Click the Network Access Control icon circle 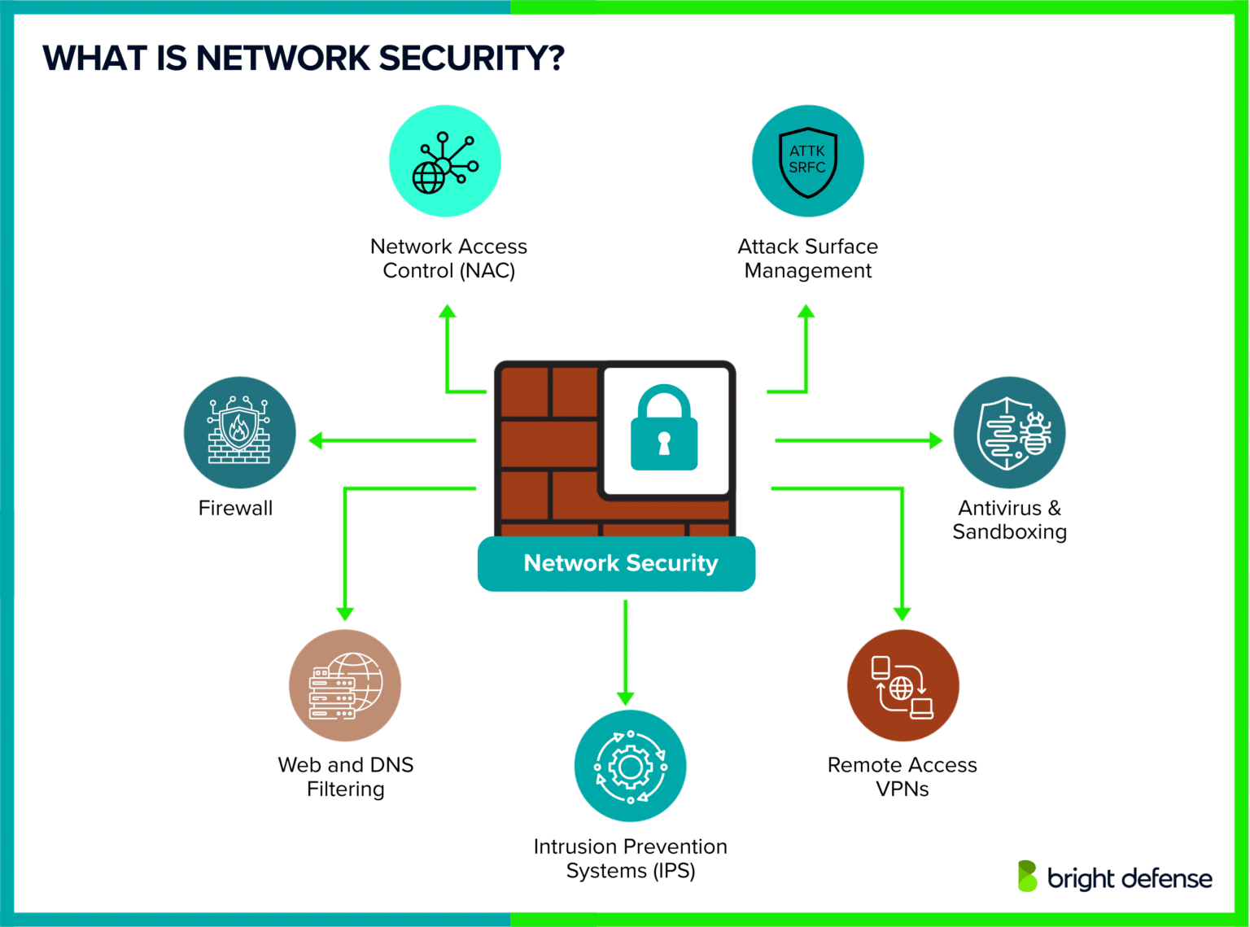pyautogui.click(x=444, y=161)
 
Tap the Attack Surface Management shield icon pyautogui.click(x=807, y=161)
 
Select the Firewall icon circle pyautogui.click(x=239, y=432)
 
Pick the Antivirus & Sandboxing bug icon pyautogui.click(x=1009, y=432)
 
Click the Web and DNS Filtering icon pyautogui.click(x=345, y=685)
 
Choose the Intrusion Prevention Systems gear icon pyautogui.click(x=630, y=766)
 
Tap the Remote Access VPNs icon pyautogui.click(x=903, y=685)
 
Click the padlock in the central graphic pyautogui.click(x=664, y=430)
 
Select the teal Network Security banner pyautogui.click(x=617, y=563)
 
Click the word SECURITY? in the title pyautogui.click(x=471, y=59)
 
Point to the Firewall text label pyautogui.click(x=235, y=509)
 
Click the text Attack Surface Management pyautogui.click(x=807, y=258)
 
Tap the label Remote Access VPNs pyautogui.click(x=902, y=776)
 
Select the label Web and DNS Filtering pyautogui.click(x=345, y=776)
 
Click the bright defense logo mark pyautogui.click(x=1027, y=876)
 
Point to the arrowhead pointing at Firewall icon pyautogui.click(x=316, y=441)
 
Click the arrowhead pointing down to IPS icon pyautogui.click(x=625, y=698)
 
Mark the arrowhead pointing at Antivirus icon pyautogui.click(x=936, y=441)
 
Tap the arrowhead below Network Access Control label pyautogui.click(x=447, y=311)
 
